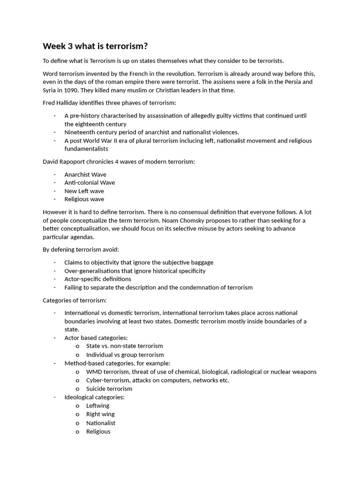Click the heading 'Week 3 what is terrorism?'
click(x=95, y=46)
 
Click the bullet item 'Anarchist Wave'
click(x=85, y=174)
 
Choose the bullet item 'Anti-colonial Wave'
click(x=90, y=183)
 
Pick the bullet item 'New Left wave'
click(x=84, y=191)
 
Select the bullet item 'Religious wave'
click(x=84, y=199)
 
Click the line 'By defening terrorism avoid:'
click(x=81, y=249)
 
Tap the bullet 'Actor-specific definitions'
click(x=97, y=279)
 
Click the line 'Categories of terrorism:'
click(x=75, y=300)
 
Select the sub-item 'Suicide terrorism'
click(x=109, y=389)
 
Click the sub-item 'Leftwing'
click(x=97, y=405)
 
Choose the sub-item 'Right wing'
click(x=100, y=414)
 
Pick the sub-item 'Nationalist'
click(x=101, y=423)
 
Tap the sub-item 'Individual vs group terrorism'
click(x=125, y=355)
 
